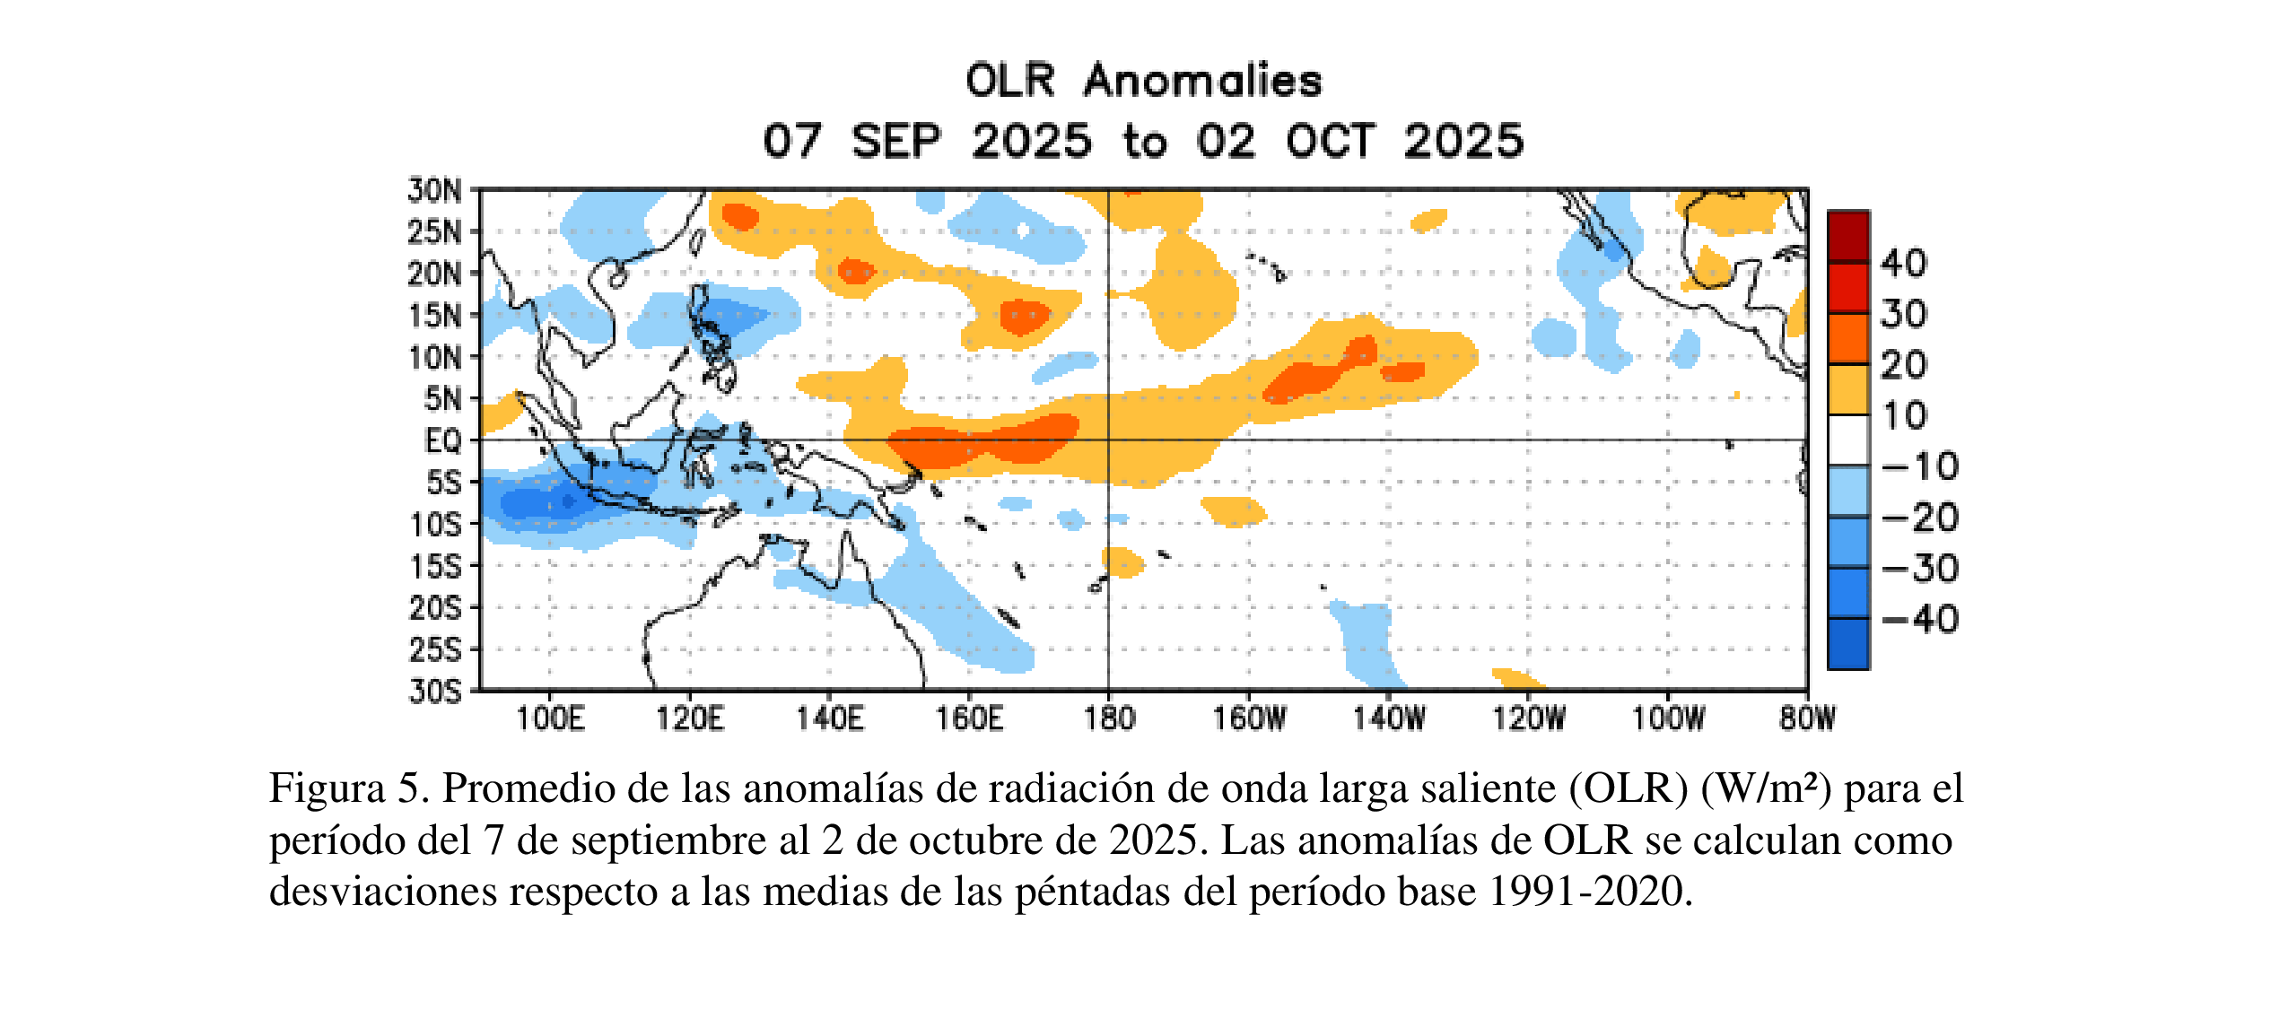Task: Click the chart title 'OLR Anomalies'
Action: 1143,81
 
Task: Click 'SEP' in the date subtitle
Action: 895,142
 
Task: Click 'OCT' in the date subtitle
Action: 1330,142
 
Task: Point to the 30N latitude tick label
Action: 435,190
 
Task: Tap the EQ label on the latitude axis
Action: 442,440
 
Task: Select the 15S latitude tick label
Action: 435,566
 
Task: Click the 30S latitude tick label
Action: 435,691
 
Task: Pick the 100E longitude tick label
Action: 550,718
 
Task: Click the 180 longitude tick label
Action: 1109,718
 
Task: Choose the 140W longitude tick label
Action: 1389,718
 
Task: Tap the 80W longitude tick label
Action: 1808,718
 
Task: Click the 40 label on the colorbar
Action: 1903,263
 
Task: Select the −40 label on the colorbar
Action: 1920,620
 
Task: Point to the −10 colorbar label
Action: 1920,466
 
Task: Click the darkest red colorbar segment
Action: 1848,236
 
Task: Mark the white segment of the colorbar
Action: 1848,440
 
